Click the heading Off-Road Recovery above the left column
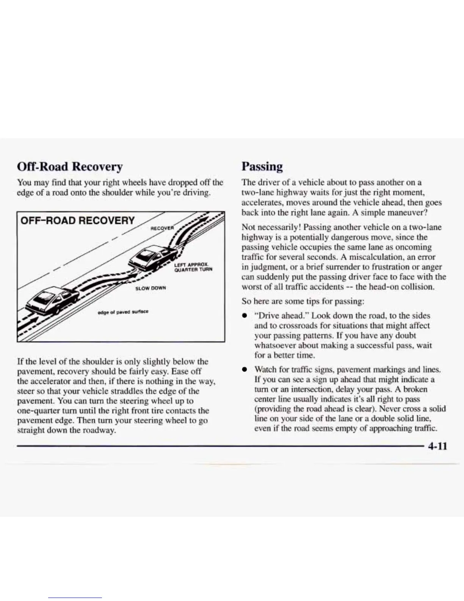(x=70, y=167)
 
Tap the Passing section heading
(x=262, y=167)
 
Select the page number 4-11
(x=437, y=445)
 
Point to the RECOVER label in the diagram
(x=162, y=228)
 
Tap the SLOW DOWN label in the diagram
(x=151, y=288)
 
